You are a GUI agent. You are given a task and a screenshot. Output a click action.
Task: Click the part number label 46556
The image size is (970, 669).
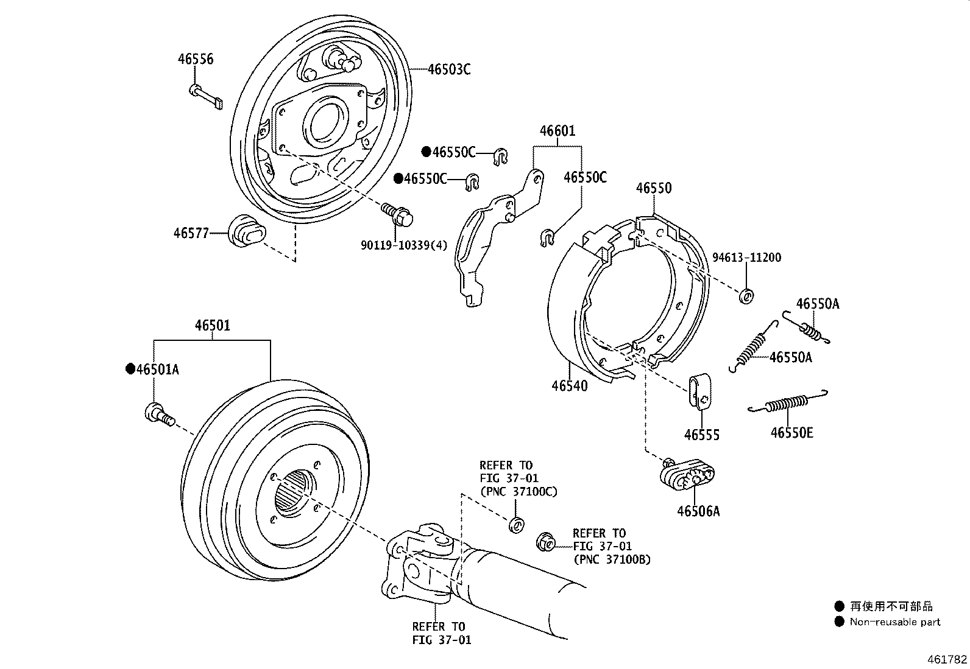(x=196, y=59)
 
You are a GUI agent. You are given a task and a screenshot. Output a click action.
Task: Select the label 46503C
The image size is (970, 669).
(x=448, y=69)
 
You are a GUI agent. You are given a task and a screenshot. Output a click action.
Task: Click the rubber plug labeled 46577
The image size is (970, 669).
(x=247, y=231)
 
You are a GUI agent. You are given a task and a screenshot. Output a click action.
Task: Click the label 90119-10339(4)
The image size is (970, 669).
(x=403, y=245)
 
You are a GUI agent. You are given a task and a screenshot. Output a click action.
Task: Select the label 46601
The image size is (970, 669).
(x=557, y=131)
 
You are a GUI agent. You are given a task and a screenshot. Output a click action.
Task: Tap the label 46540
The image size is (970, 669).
(x=570, y=386)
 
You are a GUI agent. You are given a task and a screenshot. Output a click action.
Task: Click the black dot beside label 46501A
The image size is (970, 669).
(x=129, y=369)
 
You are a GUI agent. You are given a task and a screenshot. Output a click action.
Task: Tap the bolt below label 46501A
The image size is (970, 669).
(x=158, y=415)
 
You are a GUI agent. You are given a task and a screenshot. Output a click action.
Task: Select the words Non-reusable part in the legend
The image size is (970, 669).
(x=895, y=622)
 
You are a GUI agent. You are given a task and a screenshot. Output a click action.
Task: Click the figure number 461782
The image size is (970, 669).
(x=947, y=659)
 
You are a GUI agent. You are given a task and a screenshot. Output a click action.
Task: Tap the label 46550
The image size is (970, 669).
(x=654, y=188)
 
